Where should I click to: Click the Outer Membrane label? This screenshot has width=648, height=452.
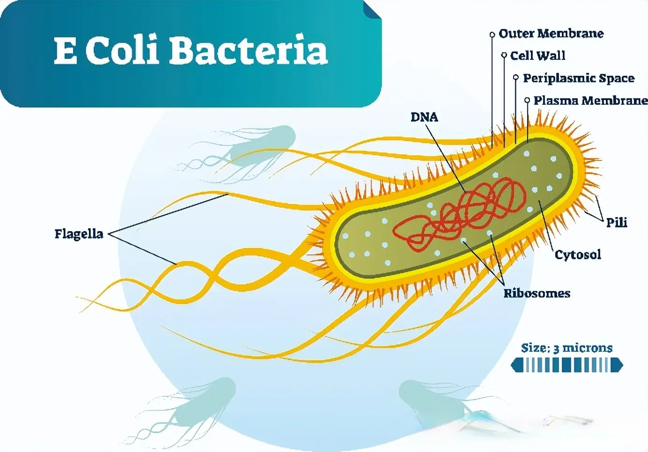pyautogui.click(x=551, y=34)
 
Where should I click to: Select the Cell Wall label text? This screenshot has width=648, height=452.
pyautogui.click(x=538, y=56)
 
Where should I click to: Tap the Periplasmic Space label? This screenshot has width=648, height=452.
pyautogui.click(x=578, y=78)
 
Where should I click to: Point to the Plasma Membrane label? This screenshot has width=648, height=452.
pyautogui.click(x=590, y=101)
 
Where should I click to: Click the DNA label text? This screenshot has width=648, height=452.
pyautogui.click(x=424, y=117)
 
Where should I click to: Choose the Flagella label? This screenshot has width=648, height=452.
pyautogui.click(x=79, y=233)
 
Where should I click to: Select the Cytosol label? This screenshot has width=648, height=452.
pyautogui.click(x=578, y=255)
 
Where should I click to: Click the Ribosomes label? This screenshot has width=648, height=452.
pyautogui.click(x=537, y=293)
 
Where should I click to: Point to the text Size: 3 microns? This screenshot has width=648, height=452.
pyautogui.click(x=567, y=348)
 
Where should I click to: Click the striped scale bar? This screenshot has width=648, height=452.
pyautogui.click(x=567, y=365)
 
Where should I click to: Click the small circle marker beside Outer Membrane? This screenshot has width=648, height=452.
pyautogui.click(x=492, y=34)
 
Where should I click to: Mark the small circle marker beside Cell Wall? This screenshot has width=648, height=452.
pyautogui.click(x=504, y=55)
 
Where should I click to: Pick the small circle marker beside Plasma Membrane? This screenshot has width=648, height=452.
pyautogui.click(x=527, y=100)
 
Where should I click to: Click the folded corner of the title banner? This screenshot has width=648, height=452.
pyautogui.click(x=373, y=9)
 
